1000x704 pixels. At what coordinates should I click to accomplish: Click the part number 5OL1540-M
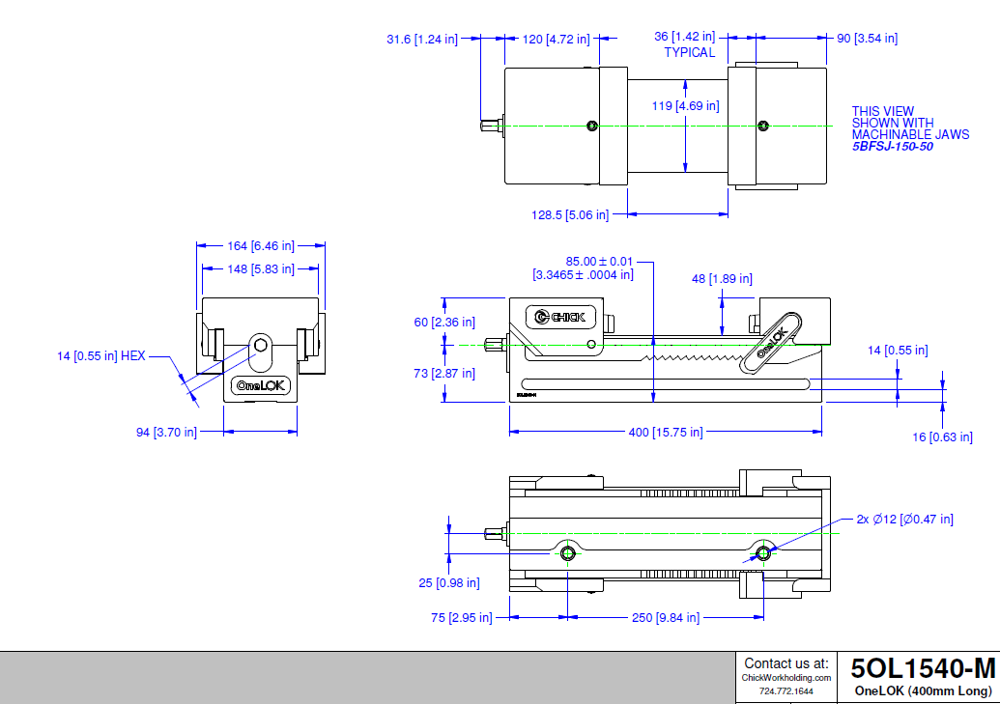pyautogui.click(x=922, y=668)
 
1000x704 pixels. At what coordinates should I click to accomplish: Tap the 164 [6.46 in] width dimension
pyautogui.click(x=260, y=246)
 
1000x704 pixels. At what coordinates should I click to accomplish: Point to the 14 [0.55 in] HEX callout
pyautogui.click(x=100, y=356)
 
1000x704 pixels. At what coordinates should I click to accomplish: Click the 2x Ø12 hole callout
pyautogui.click(x=904, y=520)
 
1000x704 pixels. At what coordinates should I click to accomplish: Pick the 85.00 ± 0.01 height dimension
pyautogui.click(x=586, y=261)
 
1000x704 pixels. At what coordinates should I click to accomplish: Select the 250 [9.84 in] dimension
pyautogui.click(x=665, y=618)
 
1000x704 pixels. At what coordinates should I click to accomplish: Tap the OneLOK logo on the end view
pyautogui.click(x=261, y=386)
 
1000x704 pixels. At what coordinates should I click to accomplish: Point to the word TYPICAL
pyautogui.click(x=690, y=52)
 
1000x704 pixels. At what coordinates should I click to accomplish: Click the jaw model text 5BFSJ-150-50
pyautogui.click(x=892, y=147)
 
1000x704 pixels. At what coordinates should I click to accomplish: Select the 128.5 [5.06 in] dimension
pyautogui.click(x=570, y=214)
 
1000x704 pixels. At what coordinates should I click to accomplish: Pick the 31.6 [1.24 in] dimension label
pyautogui.click(x=421, y=39)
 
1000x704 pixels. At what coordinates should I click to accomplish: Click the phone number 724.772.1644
pyautogui.click(x=786, y=691)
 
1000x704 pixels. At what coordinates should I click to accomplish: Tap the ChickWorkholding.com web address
pyautogui.click(x=786, y=678)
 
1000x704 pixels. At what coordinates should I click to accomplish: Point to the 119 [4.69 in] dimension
pyautogui.click(x=684, y=105)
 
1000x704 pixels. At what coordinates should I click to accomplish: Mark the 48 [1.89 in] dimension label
pyautogui.click(x=722, y=279)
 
